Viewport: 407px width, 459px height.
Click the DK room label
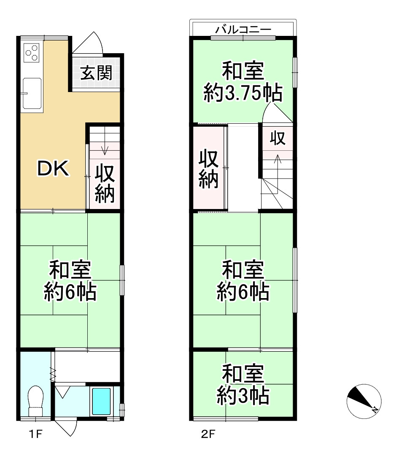[x=53, y=169]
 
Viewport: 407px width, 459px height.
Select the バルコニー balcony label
[x=243, y=30]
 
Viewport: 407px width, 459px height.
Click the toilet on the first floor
[x=35, y=400]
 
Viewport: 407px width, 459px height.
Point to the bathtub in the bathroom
[x=101, y=401]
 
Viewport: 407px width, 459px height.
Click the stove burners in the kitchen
[x=32, y=52]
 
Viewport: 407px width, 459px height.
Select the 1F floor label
[x=36, y=435]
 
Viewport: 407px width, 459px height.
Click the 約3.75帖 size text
[x=243, y=93]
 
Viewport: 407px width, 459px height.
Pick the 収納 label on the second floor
[x=209, y=169]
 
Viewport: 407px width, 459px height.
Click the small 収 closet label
[x=278, y=139]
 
